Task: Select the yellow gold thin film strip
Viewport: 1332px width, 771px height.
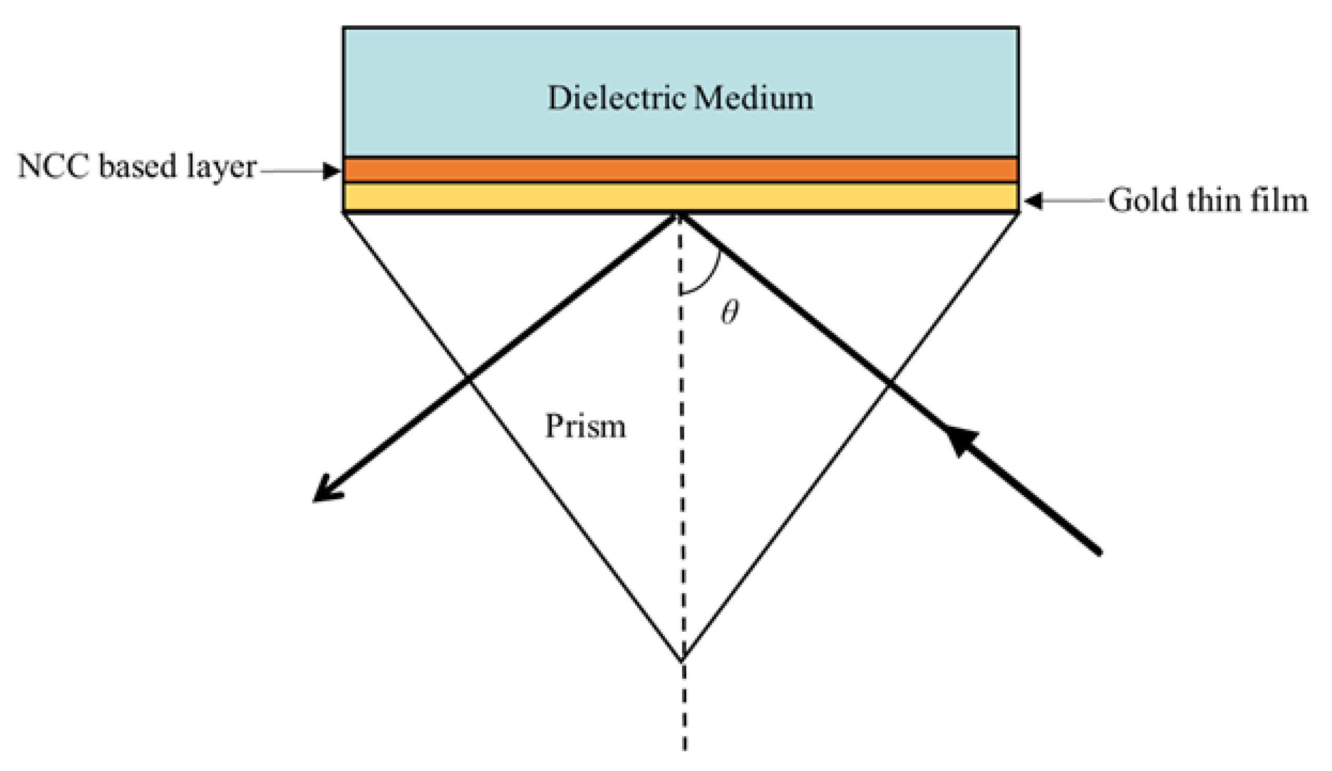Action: (681, 197)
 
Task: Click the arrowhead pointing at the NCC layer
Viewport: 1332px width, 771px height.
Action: (332, 171)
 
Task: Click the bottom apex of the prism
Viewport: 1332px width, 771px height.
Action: (682, 659)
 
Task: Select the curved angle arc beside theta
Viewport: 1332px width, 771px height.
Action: (708, 278)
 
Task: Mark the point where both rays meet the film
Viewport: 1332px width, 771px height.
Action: (680, 214)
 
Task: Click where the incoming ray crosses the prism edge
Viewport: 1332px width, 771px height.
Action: (889, 381)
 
